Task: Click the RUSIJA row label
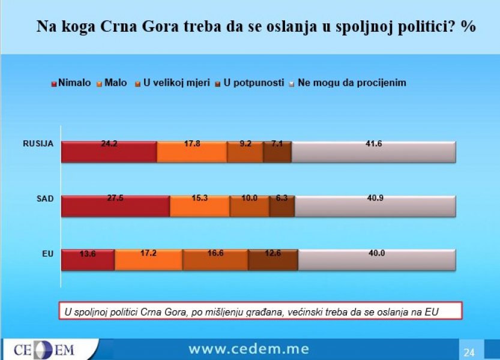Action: point(38,143)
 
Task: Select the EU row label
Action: point(48,254)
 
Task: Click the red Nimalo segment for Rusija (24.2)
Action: point(109,152)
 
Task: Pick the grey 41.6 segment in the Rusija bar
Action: point(373,152)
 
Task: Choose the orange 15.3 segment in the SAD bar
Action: point(200,206)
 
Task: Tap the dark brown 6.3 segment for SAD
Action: point(282,206)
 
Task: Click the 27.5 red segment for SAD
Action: point(116,206)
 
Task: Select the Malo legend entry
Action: point(115,83)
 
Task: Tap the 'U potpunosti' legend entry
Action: point(249,83)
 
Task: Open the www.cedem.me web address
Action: point(249,349)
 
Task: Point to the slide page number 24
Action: point(469,352)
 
